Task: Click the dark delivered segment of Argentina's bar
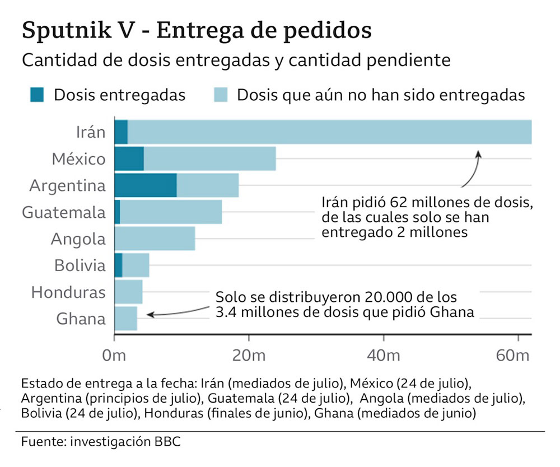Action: coord(146,185)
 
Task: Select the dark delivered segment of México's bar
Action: coord(129,159)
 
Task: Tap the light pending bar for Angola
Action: coord(155,239)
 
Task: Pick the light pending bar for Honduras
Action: coord(128,292)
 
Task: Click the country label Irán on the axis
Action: coord(90,132)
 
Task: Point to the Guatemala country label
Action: coord(63,213)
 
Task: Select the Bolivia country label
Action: coord(80,265)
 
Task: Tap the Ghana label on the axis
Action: coord(81,319)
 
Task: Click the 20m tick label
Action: coord(249,356)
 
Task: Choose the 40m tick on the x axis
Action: coord(383,356)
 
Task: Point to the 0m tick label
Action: coord(114,356)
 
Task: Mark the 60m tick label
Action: coord(514,356)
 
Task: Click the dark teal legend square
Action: coord(38,95)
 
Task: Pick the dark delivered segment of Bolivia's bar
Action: coord(118,265)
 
